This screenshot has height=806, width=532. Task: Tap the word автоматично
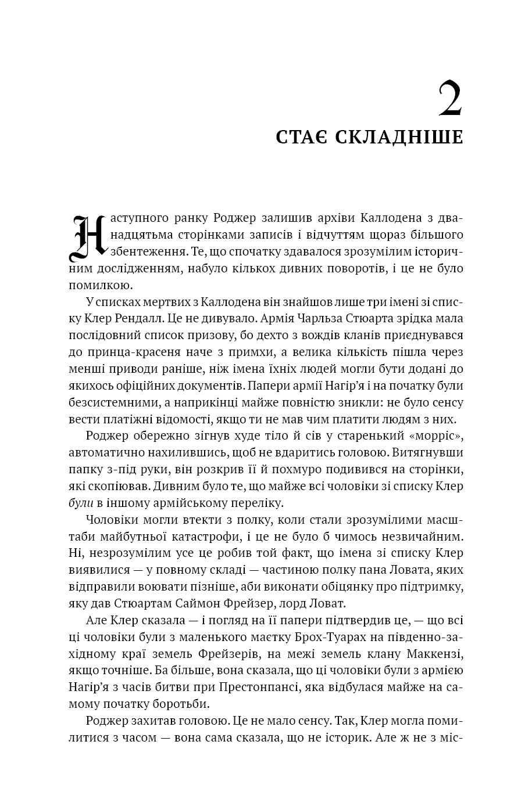coord(114,453)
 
